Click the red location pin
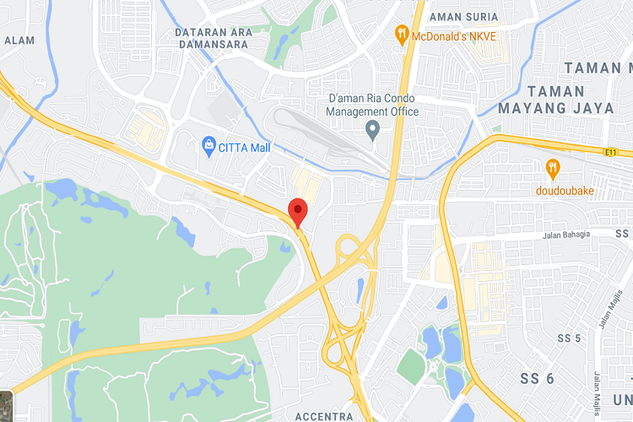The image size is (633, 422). (297, 210)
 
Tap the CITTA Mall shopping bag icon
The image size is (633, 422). (209, 148)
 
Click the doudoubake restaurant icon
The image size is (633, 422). (553, 168)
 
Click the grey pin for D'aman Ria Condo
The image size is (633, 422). (372, 131)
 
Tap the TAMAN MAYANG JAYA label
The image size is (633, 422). (553, 100)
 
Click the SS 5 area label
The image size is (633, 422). (570, 338)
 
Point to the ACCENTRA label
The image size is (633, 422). (324, 417)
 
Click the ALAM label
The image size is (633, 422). (19, 40)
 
